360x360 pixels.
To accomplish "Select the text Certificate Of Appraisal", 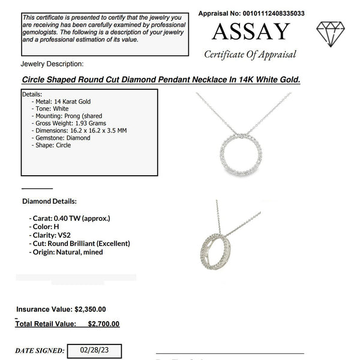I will coord(250,55).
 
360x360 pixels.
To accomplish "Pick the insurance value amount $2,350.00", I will coord(91,310).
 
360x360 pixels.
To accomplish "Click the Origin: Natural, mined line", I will coord(66,252).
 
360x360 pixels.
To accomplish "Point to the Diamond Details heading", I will coord(49,201).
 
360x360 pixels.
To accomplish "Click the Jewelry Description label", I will coord(52,64).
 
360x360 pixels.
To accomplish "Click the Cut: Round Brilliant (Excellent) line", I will coord(79,244).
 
